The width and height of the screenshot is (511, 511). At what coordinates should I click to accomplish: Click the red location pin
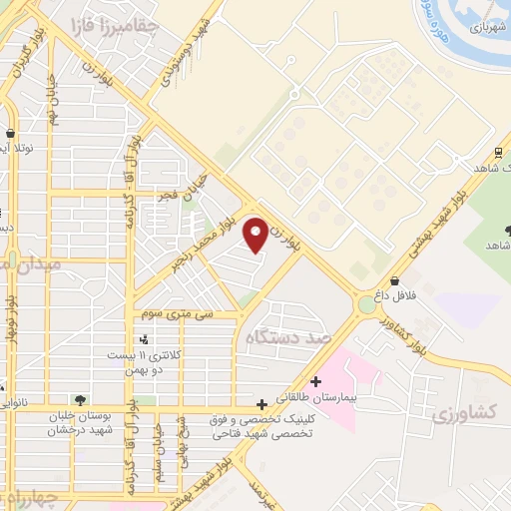[255, 235]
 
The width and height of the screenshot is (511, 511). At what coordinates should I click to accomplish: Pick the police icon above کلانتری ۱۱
[146, 340]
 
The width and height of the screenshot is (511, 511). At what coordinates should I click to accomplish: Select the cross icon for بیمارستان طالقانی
[315, 380]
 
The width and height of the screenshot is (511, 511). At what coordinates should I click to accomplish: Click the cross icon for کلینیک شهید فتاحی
[261, 404]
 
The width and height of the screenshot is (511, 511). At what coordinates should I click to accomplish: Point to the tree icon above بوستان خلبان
[80, 399]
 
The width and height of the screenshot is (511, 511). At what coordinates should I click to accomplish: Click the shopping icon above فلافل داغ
[395, 280]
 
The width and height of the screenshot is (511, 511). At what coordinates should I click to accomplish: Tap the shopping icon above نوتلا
[10, 133]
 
